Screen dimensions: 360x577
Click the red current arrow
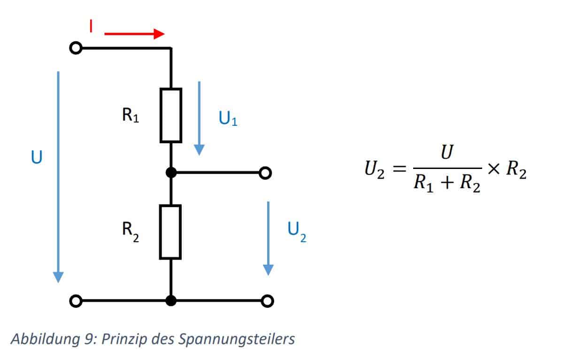(x=134, y=34)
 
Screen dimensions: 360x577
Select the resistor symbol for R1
(x=170, y=115)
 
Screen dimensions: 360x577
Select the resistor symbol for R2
(x=170, y=232)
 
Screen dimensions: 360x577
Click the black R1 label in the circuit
(x=130, y=115)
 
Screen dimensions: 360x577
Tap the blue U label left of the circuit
(x=36, y=158)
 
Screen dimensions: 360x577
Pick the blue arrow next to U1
(x=199, y=117)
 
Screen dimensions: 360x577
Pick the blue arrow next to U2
(x=268, y=237)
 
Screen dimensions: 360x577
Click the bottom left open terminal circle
(x=76, y=301)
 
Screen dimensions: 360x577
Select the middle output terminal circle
(x=266, y=173)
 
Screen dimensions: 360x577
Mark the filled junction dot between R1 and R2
(x=171, y=173)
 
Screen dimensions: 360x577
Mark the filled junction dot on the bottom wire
(x=171, y=301)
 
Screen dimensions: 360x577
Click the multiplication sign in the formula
(x=493, y=170)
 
